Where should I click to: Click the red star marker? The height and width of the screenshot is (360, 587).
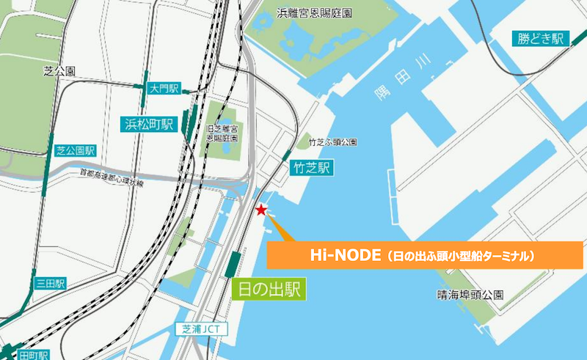[x=260, y=210]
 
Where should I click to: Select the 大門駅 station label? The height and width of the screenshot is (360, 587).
[x=164, y=89]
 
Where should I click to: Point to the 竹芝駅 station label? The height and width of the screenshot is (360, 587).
[x=311, y=168]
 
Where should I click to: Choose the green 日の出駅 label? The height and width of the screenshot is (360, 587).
[x=268, y=289]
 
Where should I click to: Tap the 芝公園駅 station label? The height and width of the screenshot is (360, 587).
[x=76, y=151]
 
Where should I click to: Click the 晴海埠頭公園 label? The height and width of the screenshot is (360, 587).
[x=470, y=295]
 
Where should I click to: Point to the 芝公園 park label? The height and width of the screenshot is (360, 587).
[x=59, y=71]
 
